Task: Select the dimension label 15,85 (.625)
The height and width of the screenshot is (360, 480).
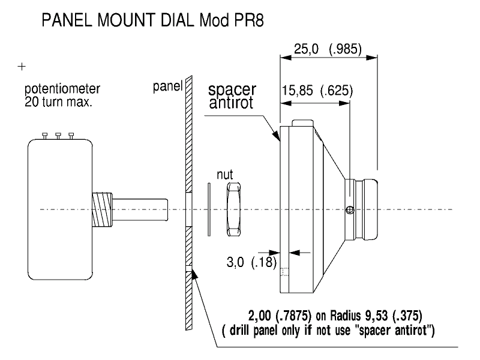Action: click(317, 91)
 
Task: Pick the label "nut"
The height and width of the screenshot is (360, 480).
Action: click(225, 176)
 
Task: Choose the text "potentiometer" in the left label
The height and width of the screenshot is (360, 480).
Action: click(62, 89)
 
